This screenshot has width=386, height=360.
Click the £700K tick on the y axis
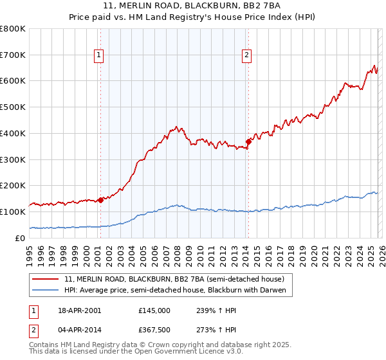click(13, 55)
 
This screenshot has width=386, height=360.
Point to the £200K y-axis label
click(13, 185)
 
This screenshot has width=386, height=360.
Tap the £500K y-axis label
click(13, 107)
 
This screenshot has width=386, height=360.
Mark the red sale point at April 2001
click(100, 200)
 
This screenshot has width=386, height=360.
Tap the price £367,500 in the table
click(154, 330)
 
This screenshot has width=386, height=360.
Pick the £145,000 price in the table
click(154, 310)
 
